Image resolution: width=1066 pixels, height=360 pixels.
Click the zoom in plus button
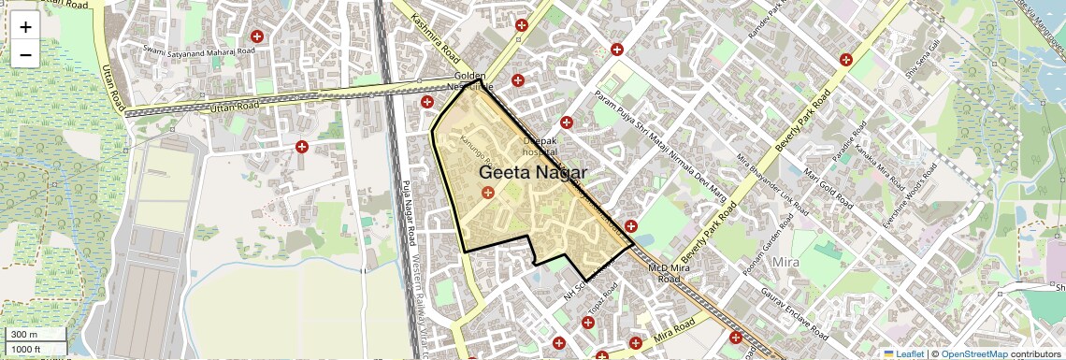25,27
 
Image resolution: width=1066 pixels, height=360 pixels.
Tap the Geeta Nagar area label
533,173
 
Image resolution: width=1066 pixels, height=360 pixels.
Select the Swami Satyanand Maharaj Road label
198,48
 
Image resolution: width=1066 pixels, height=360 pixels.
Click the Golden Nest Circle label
470,80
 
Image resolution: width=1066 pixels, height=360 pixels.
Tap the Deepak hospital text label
540,146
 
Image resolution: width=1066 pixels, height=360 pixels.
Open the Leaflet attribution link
905,353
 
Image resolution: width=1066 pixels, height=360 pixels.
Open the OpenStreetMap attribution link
974,353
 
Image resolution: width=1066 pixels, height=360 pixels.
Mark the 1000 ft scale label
24,350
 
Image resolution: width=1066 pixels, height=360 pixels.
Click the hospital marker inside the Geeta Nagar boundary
487,193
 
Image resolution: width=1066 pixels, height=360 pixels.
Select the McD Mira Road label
669,273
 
